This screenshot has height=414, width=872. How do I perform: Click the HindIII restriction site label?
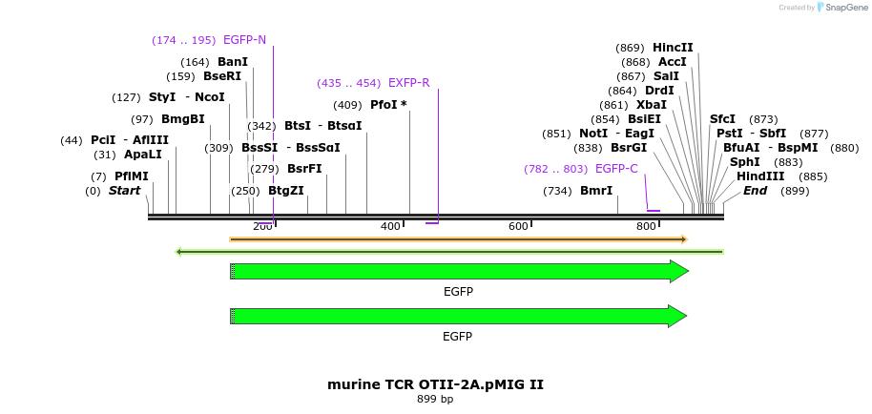click(759, 176)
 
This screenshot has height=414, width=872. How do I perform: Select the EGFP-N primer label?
click(244, 40)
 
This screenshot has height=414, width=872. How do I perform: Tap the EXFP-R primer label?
click(408, 83)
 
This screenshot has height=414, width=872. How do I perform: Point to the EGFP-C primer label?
click(615, 169)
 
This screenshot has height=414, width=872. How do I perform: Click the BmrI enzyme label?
click(596, 191)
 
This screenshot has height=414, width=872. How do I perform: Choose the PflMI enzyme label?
click(132, 176)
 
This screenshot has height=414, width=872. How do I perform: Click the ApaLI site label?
click(143, 155)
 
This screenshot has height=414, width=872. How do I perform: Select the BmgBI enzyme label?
click(183, 119)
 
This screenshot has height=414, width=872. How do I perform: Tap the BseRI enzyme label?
click(222, 76)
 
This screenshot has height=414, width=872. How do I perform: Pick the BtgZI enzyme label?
click(286, 191)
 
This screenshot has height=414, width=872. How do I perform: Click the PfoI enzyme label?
click(388, 105)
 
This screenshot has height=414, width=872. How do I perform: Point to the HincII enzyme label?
click(673, 48)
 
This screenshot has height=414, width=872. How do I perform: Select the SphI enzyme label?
click(745, 162)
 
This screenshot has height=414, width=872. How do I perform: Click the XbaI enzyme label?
click(652, 105)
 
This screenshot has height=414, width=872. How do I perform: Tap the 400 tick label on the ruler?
click(390, 226)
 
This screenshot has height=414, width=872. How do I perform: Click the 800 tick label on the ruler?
click(646, 226)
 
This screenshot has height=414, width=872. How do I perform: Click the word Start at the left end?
click(124, 191)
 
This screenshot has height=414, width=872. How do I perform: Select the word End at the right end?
click(755, 191)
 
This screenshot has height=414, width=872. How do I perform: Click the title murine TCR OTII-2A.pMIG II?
click(435, 384)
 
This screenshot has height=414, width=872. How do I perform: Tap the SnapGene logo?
click(843, 8)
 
